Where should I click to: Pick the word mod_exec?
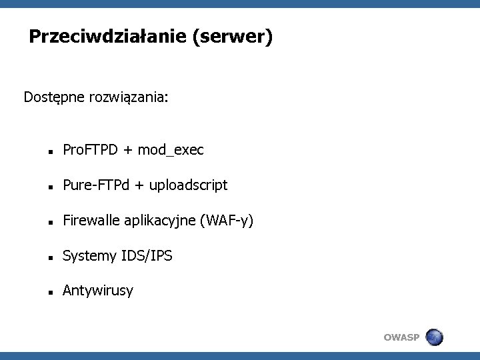[171, 151]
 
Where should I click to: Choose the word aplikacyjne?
[159, 221]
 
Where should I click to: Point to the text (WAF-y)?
[227, 221]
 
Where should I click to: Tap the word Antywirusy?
[97, 291]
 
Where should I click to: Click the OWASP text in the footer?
[402, 338]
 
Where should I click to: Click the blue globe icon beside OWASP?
[434, 337]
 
